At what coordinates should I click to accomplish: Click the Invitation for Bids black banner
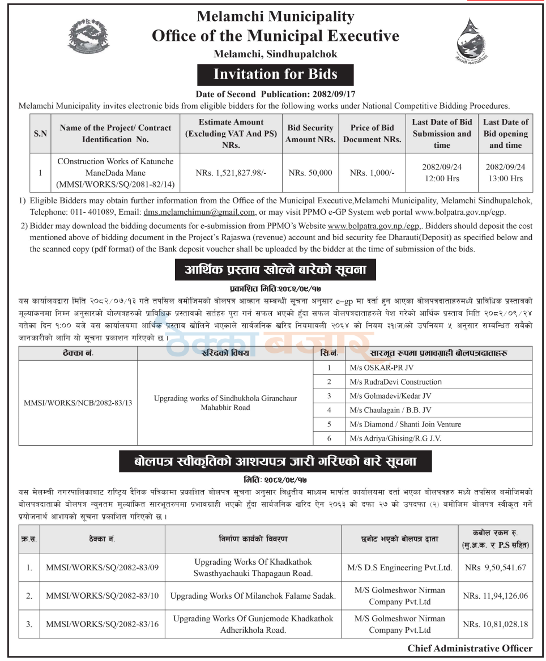[275, 74]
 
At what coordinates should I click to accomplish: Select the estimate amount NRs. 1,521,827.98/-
[231, 173]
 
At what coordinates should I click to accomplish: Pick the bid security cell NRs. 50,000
[310, 173]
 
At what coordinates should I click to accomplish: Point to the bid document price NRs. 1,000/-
[372, 173]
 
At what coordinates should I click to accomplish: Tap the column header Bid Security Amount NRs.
[310, 134]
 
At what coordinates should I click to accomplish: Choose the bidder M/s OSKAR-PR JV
[374, 368]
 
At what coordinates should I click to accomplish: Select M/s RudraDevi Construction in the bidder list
[395, 382]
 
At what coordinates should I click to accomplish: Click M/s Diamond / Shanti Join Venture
[405, 424]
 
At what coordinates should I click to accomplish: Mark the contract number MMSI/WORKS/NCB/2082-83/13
[78, 403]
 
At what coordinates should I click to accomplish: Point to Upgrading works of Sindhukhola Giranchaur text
[225, 398]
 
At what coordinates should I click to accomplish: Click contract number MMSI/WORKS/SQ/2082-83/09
[103, 568]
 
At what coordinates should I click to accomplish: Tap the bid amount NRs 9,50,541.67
[496, 568]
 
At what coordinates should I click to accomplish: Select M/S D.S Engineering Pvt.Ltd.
[400, 568]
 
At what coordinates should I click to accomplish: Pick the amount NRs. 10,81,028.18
[496, 624]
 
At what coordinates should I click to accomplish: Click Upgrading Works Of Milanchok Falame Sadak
[253, 596]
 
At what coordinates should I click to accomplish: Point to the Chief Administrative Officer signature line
[470, 649]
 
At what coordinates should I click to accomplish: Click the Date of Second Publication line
[276, 94]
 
